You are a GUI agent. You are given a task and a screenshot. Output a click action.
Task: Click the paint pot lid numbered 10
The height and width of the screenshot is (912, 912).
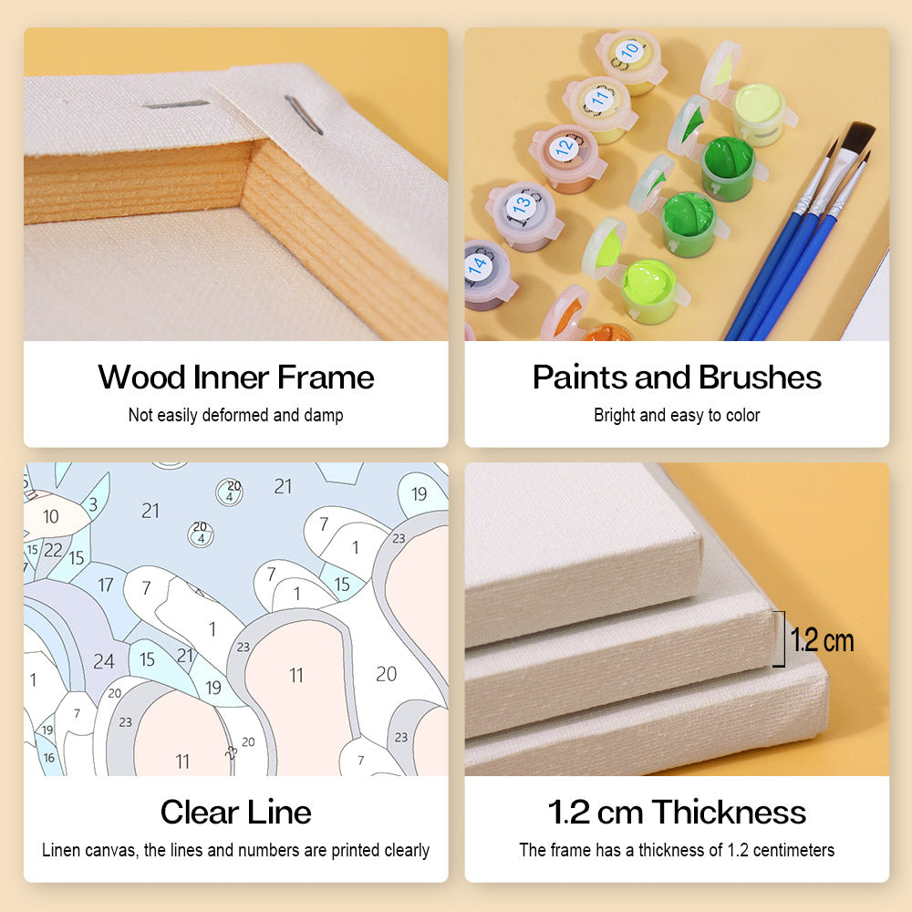pyautogui.click(x=627, y=52)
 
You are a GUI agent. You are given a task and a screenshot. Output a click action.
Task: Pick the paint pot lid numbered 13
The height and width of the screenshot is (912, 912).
pyautogui.click(x=521, y=204)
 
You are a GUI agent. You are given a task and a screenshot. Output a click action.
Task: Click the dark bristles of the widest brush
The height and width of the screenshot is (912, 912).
pyautogui.click(x=856, y=138)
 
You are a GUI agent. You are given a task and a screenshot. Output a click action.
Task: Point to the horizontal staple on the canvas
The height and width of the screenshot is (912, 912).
pyautogui.click(x=176, y=105)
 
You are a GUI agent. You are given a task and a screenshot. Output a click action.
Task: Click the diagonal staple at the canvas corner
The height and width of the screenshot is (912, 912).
pyautogui.click(x=304, y=115)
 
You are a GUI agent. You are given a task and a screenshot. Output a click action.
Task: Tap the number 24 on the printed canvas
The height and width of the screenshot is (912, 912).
pyautogui.click(x=104, y=661)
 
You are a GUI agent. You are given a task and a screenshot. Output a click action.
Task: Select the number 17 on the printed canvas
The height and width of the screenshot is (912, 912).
pyautogui.click(x=105, y=585)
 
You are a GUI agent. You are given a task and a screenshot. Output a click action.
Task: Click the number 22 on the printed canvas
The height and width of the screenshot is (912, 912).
pyautogui.click(x=53, y=550)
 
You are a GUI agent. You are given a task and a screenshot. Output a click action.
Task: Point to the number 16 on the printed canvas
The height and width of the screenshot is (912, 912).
pyautogui.click(x=49, y=757)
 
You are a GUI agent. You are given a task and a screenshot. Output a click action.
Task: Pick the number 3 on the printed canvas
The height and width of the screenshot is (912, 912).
pyautogui.click(x=92, y=504)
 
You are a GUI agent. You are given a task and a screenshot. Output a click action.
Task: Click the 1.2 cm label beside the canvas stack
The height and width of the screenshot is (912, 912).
pyautogui.click(x=822, y=640)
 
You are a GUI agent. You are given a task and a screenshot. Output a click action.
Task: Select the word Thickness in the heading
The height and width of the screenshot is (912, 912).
pyautogui.click(x=729, y=812)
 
